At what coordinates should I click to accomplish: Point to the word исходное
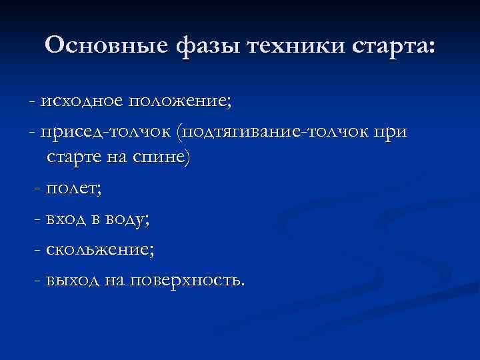pos(81,101)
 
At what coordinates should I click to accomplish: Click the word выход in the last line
pos(73,279)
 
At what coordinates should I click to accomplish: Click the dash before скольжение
pos(37,250)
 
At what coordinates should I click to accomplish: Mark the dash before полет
pos(37,189)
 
